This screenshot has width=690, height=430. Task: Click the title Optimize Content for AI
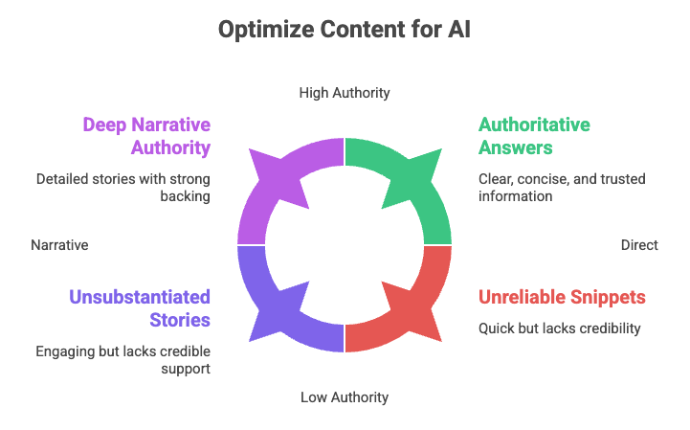[345, 30]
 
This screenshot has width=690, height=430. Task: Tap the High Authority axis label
[345, 93]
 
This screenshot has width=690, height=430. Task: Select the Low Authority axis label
[345, 396]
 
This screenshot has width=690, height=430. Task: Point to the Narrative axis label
[59, 245]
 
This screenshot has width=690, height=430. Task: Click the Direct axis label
[638, 245]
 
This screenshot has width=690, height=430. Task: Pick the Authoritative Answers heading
[534, 136]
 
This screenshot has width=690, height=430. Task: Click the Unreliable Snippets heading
[562, 297]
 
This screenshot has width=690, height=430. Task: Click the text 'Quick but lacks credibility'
[560, 328]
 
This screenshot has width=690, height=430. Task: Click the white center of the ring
[345, 245]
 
